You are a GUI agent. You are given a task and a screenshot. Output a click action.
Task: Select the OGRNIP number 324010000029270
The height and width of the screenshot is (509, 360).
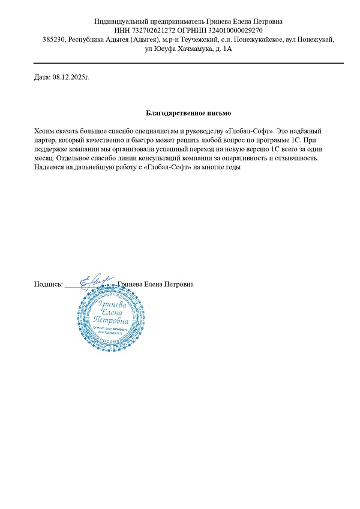click(x=229, y=31)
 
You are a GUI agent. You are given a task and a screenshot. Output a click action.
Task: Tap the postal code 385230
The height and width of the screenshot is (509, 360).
click(x=54, y=40)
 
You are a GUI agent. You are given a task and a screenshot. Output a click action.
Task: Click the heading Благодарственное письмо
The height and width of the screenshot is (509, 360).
click(x=188, y=113)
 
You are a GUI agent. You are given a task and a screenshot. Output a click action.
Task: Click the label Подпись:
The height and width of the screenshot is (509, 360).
click(x=49, y=285)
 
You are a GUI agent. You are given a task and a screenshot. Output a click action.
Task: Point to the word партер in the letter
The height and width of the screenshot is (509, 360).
click(x=47, y=139)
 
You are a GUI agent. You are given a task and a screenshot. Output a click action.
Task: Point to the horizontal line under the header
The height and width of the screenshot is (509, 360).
click(x=188, y=62)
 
